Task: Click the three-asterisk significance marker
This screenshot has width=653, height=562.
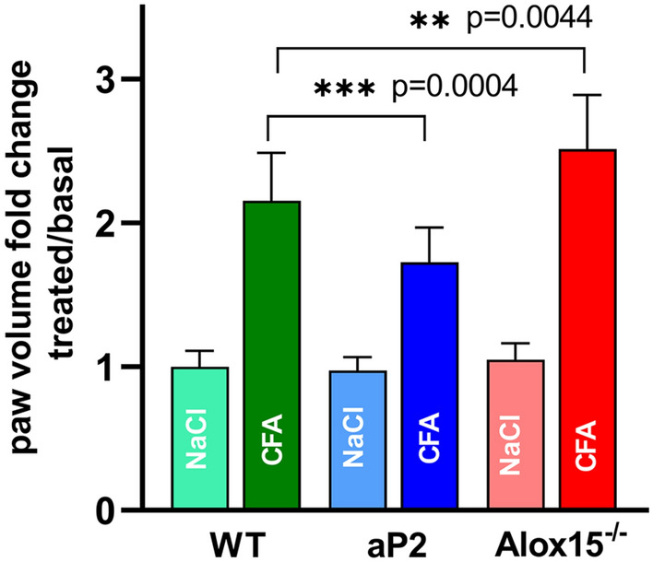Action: coord(344,89)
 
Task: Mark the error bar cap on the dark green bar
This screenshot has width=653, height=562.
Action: coord(271,153)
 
